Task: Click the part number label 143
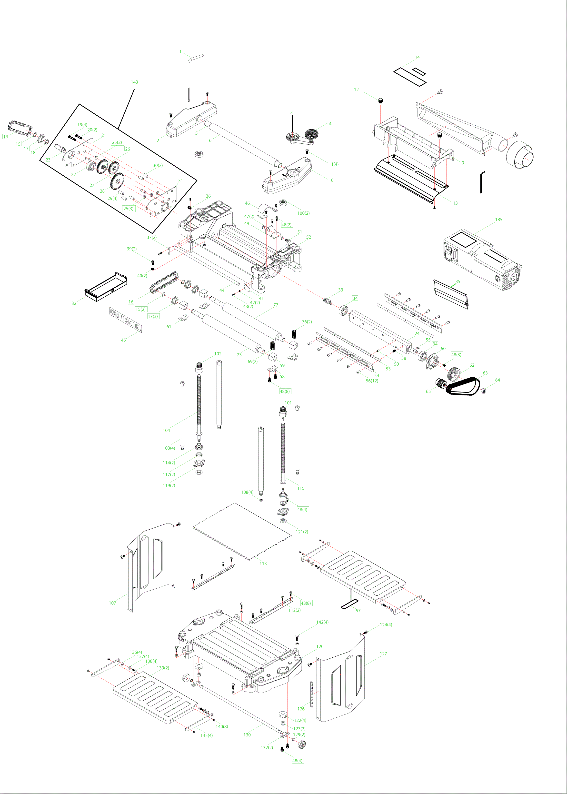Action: [x=134, y=82]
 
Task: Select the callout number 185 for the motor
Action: [x=498, y=220]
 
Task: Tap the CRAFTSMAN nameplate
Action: [x=126, y=319]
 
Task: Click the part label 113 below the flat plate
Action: [x=263, y=563]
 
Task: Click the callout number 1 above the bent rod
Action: [x=180, y=52]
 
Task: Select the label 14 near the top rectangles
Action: [x=417, y=57]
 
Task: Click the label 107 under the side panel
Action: [x=112, y=603]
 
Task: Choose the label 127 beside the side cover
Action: [x=383, y=654]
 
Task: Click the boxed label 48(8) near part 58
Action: [x=285, y=392]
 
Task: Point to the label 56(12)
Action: [x=372, y=381]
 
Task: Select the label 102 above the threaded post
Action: [x=218, y=354]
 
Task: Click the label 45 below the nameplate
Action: [x=123, y=340]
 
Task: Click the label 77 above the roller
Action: [x=276, y=305]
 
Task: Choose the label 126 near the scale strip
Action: [x=301, y=709]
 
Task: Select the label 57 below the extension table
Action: [x=358, y=611]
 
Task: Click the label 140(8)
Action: [x=222, y=727]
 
